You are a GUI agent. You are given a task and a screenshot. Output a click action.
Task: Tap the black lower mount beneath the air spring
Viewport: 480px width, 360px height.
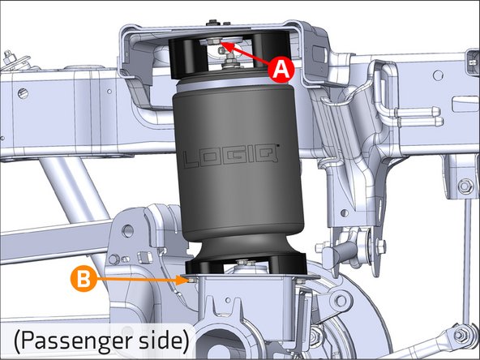243,266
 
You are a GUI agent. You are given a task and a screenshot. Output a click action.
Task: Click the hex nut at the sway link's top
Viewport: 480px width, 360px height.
462,187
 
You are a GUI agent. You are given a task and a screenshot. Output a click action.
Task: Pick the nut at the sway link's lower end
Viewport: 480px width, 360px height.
460,332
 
